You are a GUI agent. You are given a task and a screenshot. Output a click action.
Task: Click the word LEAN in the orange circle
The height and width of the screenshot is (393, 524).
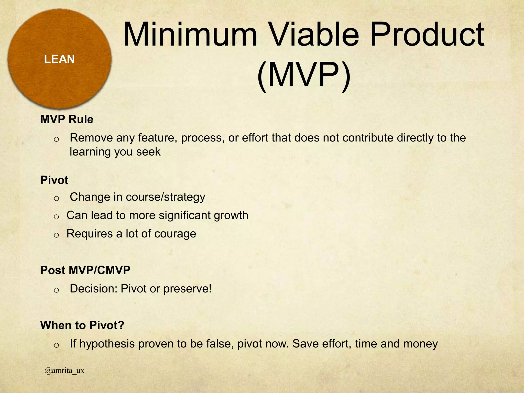coord(59,59)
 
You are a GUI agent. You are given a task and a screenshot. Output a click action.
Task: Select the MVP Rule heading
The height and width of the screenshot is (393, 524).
coord(67,119)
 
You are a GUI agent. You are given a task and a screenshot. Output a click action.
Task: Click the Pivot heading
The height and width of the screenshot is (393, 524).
coord(54,180)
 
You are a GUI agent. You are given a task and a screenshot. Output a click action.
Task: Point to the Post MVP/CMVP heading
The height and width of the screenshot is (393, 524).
coord(85,270)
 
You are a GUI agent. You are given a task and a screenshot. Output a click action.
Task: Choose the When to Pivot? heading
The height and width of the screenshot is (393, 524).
coord(82,325)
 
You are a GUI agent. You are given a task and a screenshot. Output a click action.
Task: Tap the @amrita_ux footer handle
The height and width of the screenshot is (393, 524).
coord(64,370)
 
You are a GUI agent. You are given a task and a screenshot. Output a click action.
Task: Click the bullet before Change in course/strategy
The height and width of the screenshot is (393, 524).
coord(57,198)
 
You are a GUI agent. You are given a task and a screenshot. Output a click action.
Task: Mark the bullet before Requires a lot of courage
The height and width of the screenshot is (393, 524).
coord(57,235)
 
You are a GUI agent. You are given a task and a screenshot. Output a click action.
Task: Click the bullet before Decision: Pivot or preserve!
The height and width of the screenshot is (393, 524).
coord(57,290)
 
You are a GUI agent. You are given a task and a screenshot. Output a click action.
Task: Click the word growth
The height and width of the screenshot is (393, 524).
coord(231,215)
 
